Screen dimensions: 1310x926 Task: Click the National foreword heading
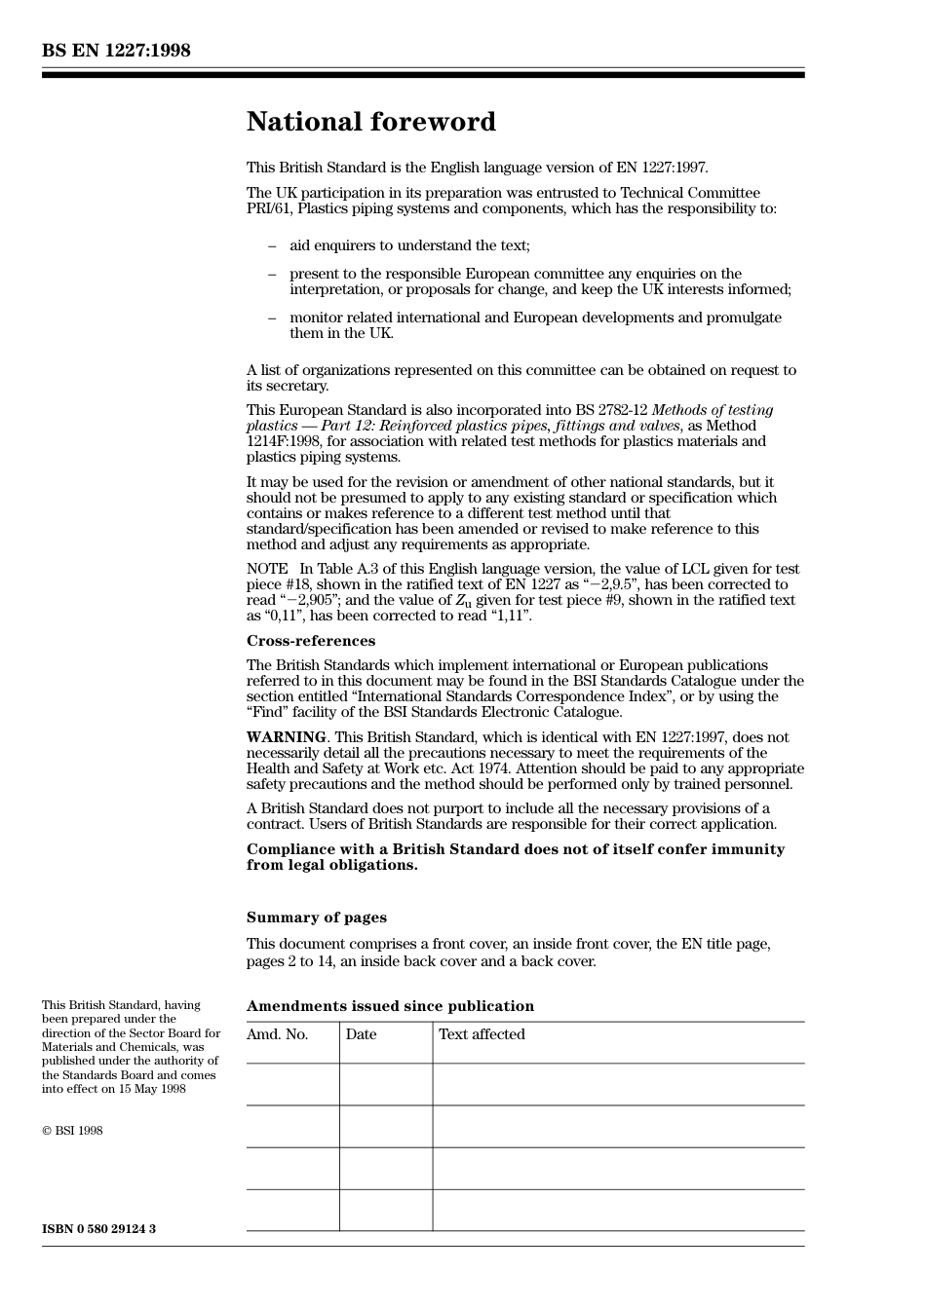(x=370, y=122)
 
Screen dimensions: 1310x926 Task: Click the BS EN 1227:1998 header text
(x=116, y=51)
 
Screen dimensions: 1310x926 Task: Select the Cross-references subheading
(x=311, y=641)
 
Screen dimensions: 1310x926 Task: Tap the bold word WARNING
(x=286, y=737)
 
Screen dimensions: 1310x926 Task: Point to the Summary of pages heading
(x=317, y=917)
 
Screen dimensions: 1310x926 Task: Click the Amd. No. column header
(x=278, y=1034)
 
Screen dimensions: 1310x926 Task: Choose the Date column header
(x=361, y=1034)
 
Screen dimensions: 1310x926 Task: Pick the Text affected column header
(x=482, y=1034)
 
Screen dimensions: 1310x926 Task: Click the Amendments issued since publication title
(x=390, y=1006)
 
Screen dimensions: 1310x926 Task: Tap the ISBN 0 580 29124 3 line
(x=98, y=1229)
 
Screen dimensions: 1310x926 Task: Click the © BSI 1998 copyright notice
(x=72, y=1131)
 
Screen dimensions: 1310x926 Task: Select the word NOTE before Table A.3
(x=267, y=569)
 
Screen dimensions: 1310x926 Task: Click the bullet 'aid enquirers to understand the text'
(x=409, y=245)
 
